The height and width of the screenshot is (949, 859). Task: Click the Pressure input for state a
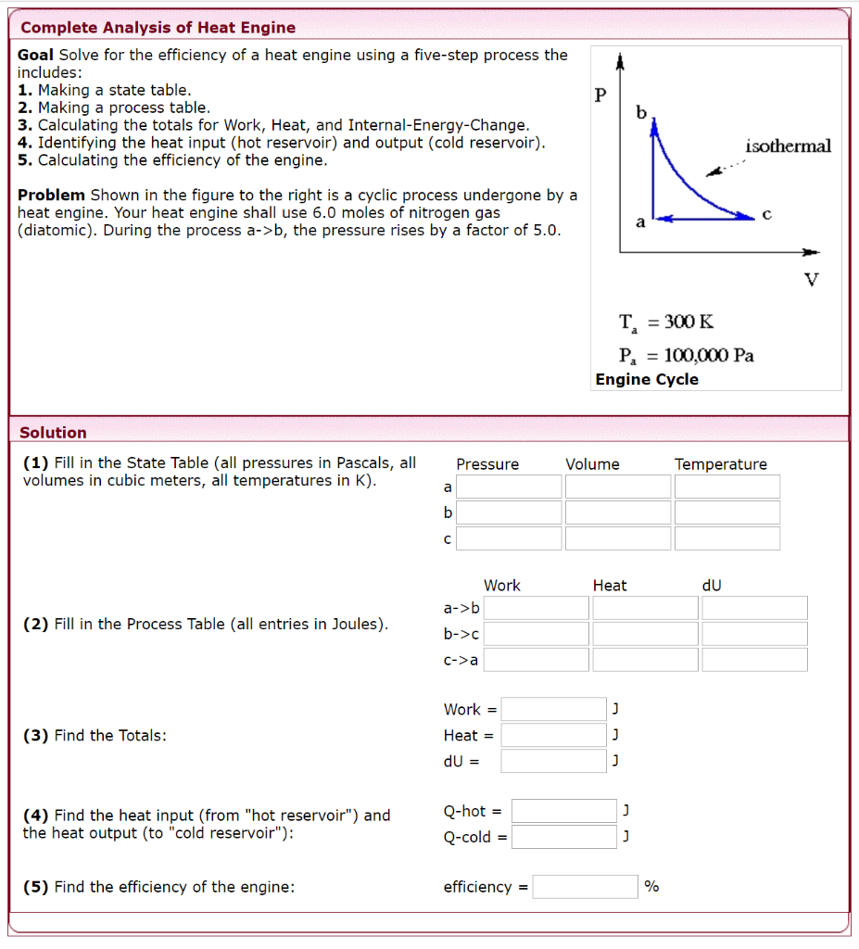coord(509,487)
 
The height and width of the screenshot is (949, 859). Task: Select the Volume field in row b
coord(618,512)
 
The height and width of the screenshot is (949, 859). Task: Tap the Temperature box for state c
coord(727,538)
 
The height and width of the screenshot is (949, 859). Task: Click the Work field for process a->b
coord(537,608)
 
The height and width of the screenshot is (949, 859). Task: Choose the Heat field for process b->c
coord(646,634)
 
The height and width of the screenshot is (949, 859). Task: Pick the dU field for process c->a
coord(754,660)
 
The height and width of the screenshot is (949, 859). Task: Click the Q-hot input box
coord(564,811)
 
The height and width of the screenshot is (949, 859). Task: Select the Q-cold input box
coord(564,837)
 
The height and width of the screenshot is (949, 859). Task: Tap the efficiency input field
coord(586,887)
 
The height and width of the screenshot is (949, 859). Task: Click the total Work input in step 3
coord(554,710)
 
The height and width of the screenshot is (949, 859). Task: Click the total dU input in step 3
coord(554,761)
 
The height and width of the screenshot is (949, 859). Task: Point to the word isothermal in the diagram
coord(788,146)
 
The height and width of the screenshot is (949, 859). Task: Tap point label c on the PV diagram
coord(765,213)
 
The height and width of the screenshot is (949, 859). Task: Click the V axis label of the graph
coord(812,279)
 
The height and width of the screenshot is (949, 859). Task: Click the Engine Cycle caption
coord(647,379)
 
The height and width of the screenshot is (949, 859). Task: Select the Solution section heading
coord(53,433)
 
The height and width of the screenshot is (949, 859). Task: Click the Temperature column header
coord(721,464)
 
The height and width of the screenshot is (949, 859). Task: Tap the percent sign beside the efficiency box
coord(651,887)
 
